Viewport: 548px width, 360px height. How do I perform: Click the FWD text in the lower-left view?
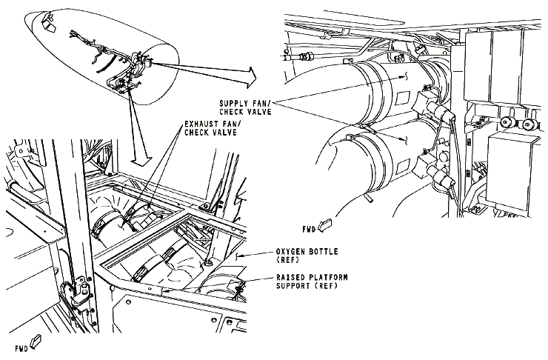(x=21, y=347)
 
